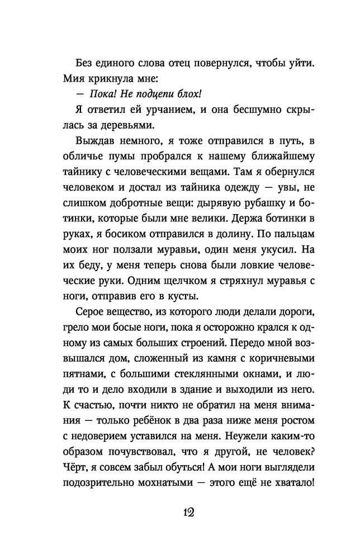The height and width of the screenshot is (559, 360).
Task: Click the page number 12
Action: point(180,513)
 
